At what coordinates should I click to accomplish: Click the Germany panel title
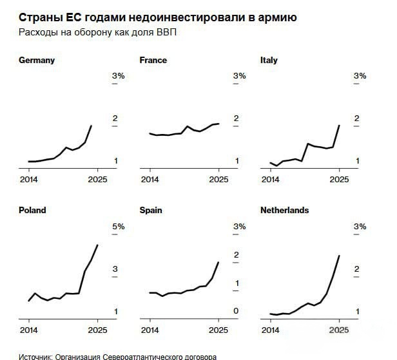tap(37, 61)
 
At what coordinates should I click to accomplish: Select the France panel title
tap(153, 61)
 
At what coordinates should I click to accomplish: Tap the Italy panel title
tap(269, 61)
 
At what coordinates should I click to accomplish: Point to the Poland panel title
tap(33, 211)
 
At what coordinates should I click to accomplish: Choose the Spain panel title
tap(151, 211)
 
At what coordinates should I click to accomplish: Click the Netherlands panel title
tap(284, 211)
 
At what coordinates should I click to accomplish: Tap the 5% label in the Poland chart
tap(119, 227)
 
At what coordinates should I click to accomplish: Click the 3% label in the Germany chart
tap(119, 76)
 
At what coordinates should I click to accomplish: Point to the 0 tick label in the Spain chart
tap(236, 312)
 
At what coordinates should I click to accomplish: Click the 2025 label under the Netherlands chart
tap(339, 330)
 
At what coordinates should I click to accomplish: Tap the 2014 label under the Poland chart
tap(29, 330)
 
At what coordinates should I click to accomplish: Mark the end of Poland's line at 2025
tap(97, 245)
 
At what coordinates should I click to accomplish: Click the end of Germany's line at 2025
tap(91, 126)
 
